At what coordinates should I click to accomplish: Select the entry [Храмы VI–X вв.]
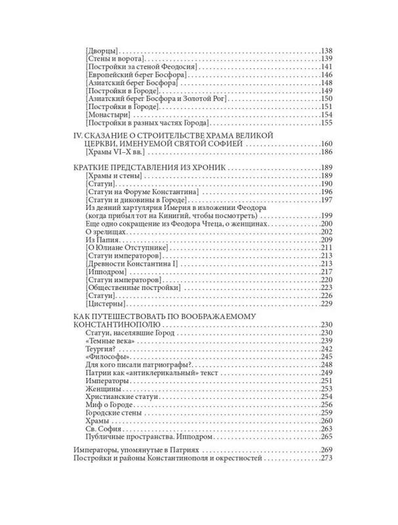(115, 152)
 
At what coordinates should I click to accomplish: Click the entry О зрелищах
(108, 231)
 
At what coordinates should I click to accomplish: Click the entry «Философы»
(108, 357)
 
